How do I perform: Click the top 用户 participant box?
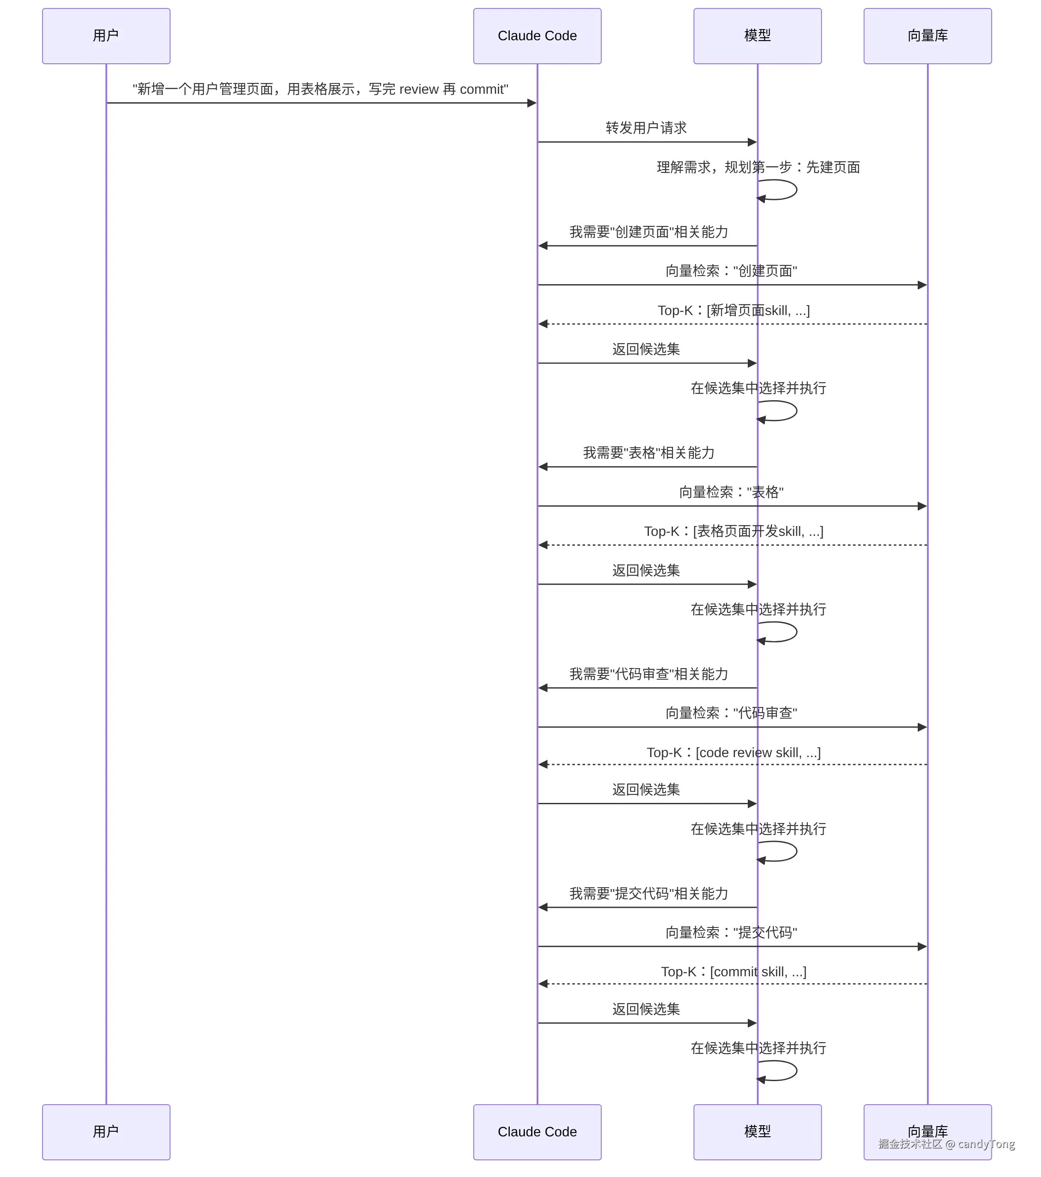pos(106,36)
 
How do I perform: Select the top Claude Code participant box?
pos(537,36)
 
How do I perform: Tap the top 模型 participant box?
pos(757,36)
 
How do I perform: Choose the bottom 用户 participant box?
pos(106,1132)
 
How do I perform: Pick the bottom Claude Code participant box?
pos(537,1132)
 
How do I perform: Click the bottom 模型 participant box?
pos(757,1132)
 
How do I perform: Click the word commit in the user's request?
pos(482,89)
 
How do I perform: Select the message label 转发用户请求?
pos(646,128)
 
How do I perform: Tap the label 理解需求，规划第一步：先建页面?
pos(758,167)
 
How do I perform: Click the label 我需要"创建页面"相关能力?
pos(649,232)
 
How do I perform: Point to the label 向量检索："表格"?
pos(731,492)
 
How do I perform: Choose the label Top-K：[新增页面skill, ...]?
pos(734,310)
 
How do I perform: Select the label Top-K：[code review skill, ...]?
pos(734,752)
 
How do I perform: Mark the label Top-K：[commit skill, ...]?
pos(734,972)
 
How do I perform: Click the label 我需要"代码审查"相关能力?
pos(649,674)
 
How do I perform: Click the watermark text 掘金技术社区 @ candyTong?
pos(946,1144)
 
